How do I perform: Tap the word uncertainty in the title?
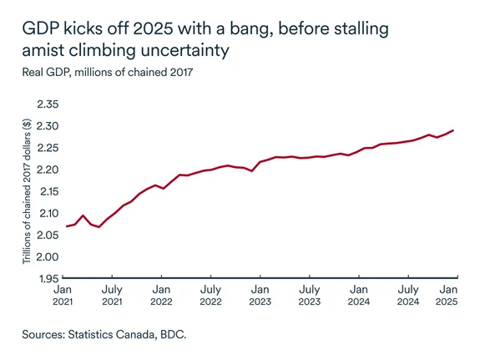point(178,51)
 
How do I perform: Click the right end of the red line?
point(453,130)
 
